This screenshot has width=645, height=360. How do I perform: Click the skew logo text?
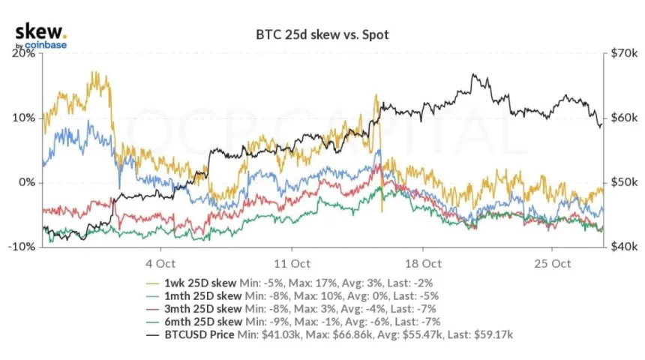(40, 32)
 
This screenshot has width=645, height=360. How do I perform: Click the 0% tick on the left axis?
(28, 182)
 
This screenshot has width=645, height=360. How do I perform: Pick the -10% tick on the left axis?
(22, 247)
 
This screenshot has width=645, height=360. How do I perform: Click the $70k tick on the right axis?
(622, 54)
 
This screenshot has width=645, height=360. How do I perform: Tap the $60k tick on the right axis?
(622, 118)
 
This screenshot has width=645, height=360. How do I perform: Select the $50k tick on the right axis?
(622, 182)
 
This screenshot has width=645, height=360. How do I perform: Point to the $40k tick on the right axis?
(622, 247)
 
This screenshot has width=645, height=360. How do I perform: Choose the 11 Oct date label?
(291, 263)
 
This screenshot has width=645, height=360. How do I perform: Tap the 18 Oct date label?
(421, 263)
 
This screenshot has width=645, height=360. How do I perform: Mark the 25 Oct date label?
(553, 263)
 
